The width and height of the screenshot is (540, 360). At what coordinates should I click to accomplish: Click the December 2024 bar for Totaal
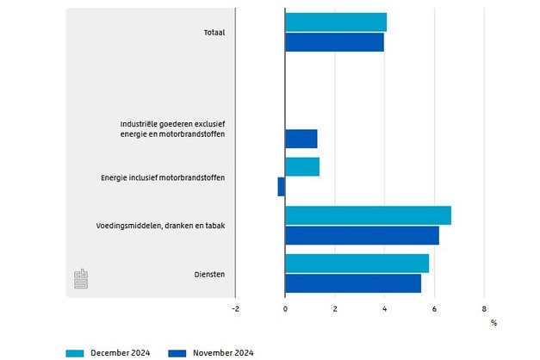[x=336, y=22]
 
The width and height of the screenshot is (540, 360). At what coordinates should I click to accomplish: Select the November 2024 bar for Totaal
[x=334, y=42]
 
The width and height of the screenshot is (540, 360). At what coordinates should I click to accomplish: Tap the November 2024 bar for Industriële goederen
[x=301, y=139]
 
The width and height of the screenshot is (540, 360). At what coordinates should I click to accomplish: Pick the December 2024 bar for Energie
[x=302, y=167]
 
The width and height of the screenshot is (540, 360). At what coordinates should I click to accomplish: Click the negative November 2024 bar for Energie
[x=282, y=187]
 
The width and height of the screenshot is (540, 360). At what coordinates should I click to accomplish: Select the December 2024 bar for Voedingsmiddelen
[x=368, y=215]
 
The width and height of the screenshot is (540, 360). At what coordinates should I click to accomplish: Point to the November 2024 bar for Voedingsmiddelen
[x=362, y=235]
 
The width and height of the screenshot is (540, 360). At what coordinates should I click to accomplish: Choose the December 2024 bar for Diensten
[x=357, y=264]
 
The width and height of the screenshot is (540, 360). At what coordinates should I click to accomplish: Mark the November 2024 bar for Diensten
[x=353, y=283]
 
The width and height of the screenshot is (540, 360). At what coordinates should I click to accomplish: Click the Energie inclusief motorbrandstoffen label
[x=163, y=178]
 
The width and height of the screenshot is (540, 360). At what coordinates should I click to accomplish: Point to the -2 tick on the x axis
[x=236, y=307]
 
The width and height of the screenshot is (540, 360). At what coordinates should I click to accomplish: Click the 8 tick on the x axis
[x=484, y=307]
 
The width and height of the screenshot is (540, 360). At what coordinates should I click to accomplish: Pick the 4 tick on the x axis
[x=384, y=307]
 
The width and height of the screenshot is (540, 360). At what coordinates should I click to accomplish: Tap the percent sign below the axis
[x=493, y=323]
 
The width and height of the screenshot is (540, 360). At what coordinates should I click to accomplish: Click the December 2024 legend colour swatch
[x=75, y=352]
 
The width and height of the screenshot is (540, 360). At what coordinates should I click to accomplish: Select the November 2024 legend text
[x=222, y=352]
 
